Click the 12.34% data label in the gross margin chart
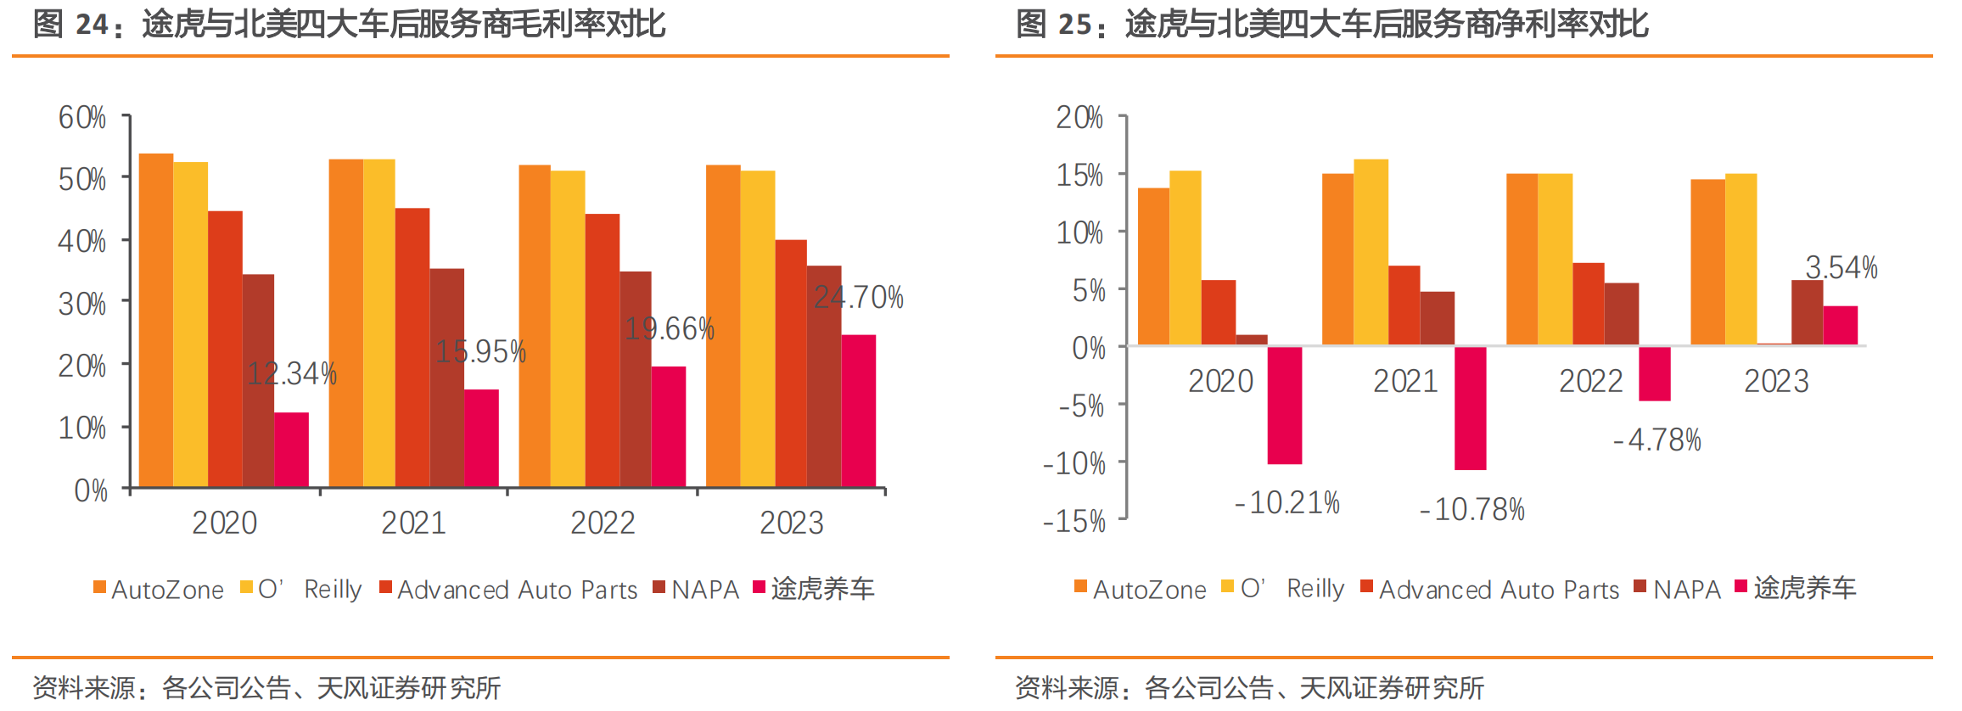(x=292, y=374)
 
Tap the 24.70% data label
(x=858, y=298)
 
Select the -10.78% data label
(x=1472, y=510)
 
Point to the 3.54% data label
(x=1841, y=268)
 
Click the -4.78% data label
(x=1657, y=440)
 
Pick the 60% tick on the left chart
(x=82, y=118)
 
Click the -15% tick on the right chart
(x=1074, y=521)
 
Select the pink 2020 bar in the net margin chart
(x=1284, y=405)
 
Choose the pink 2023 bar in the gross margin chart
(x=858, y=411)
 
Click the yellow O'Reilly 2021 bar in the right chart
(x=1371, y=252)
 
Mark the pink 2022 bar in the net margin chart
(x=1654, y=373)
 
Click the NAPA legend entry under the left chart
(x=697, y=589)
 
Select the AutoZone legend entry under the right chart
(x=1141, y=589)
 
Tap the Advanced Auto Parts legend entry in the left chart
(x=509, y=589)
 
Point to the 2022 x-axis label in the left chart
(x=603, y=523)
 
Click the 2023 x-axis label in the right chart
(x=1776, y=382)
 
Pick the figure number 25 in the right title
(x=1075, y=25)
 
